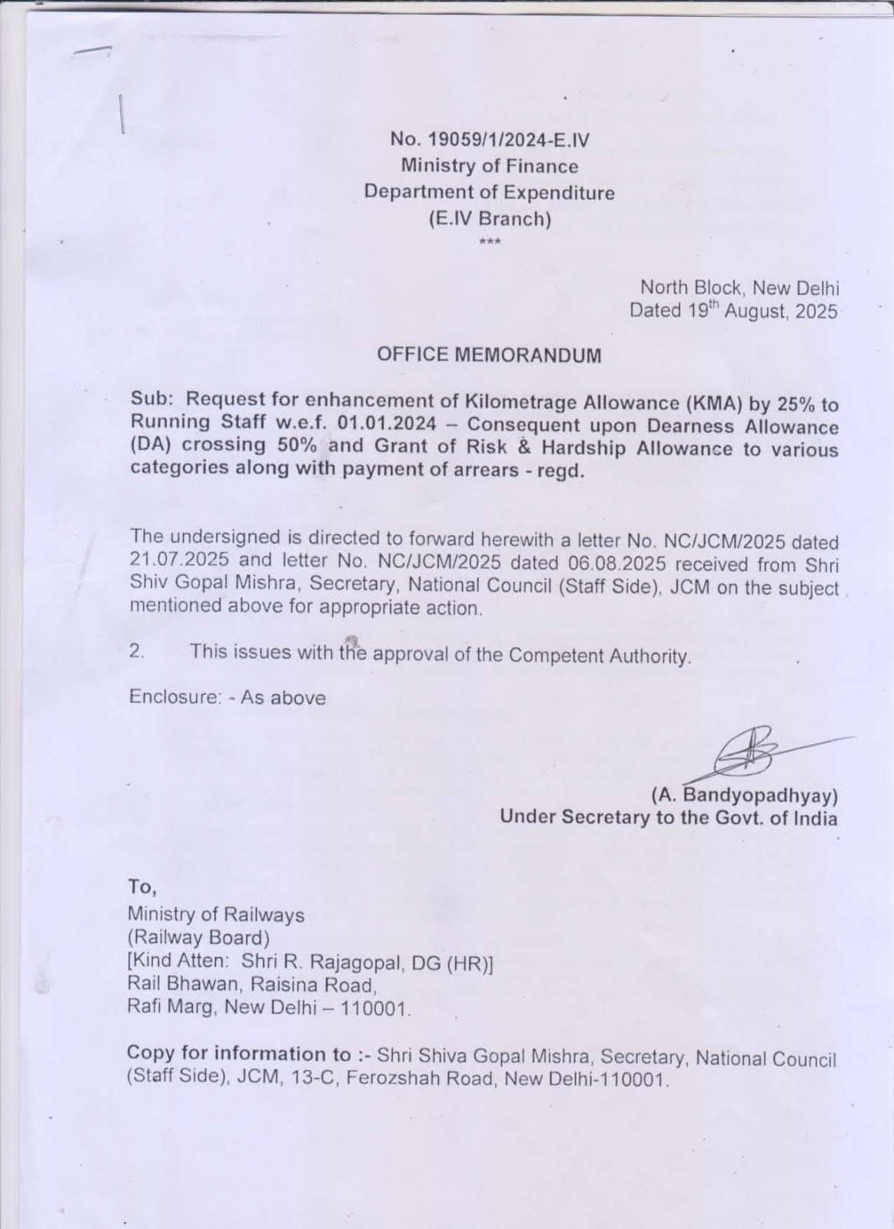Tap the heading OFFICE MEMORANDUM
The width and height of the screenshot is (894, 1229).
[489, 355]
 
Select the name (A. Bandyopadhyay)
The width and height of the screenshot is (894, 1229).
[744, 794]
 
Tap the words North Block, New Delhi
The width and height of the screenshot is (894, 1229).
[739, 288]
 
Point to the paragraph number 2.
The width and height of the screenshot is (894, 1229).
[137, 652]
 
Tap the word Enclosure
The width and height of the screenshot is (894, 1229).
[174, 698]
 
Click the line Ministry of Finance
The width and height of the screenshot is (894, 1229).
[489, 166]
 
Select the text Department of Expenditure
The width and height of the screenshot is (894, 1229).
[489, 192]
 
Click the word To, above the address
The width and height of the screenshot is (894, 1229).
[143, 887]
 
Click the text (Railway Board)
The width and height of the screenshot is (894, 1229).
[198, 938]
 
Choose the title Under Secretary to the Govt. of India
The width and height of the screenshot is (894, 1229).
[668, 817]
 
